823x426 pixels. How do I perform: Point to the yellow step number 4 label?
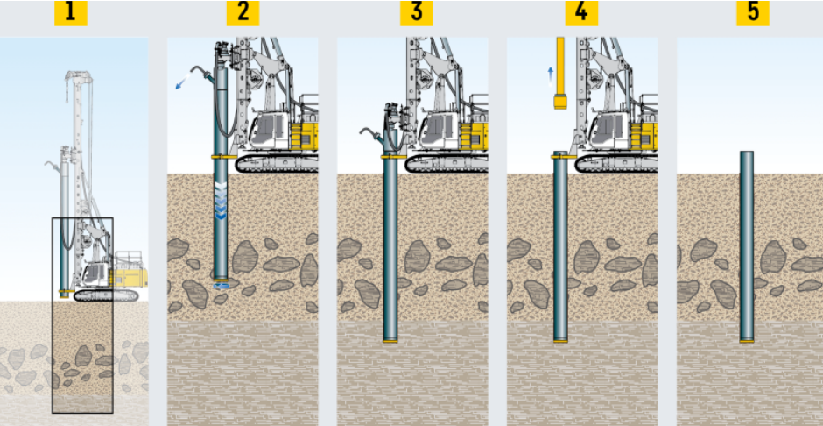click(x=580, y=13)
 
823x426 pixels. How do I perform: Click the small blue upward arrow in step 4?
click(x=550, y=73)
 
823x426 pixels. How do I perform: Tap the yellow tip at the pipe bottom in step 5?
click(x=746, y=340)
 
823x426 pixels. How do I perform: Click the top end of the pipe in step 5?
click(x=746, y=153)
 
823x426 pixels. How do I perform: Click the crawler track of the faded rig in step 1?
click(x=105, y=295)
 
